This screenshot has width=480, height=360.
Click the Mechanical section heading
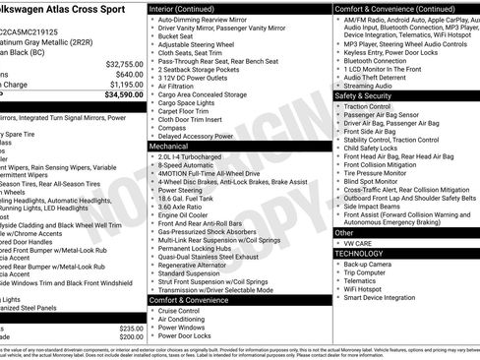[x=168, y=146]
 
